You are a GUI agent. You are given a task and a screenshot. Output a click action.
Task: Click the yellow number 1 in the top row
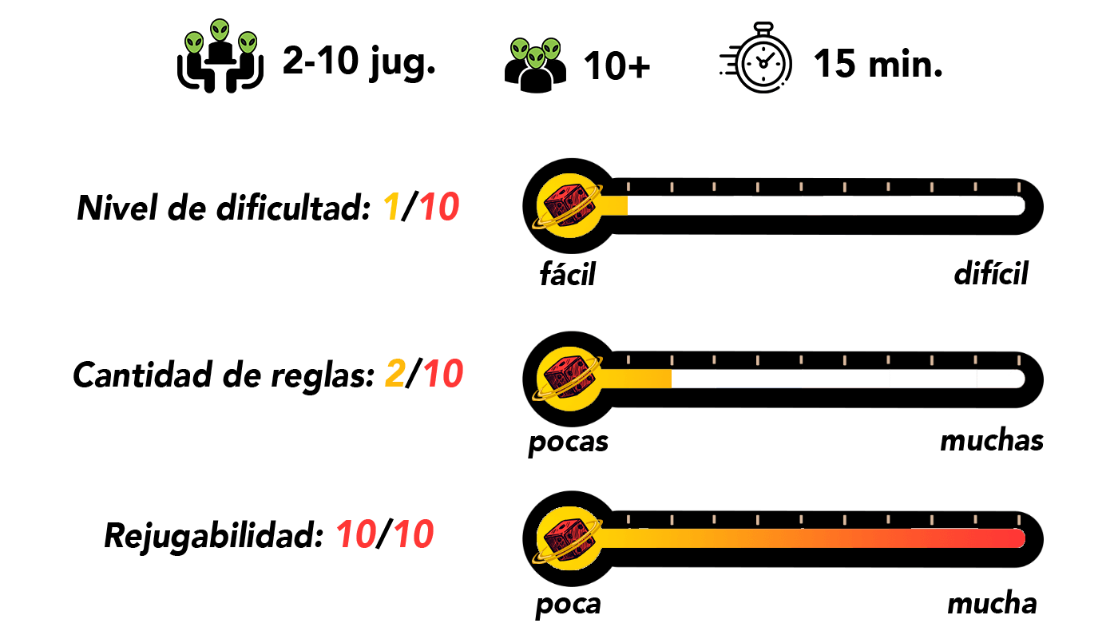coord(391,208)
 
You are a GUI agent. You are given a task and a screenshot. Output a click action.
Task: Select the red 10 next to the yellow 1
coord(439,208)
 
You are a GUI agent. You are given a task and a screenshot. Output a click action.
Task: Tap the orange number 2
coord(395,374)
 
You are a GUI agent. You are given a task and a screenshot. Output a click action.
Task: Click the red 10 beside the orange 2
coord(443,374)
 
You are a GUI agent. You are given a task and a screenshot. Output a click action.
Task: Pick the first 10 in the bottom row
coord(356,534)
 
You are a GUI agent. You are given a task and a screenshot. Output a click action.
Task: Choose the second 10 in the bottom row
coord(414,534)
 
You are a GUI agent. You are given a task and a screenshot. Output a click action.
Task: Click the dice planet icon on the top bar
coord(569,205)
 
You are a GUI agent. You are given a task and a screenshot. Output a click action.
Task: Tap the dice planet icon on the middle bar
coord(569,379)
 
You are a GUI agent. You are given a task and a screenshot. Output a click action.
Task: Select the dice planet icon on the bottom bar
coord(569,538)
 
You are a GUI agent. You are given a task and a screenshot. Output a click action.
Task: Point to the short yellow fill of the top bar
coord(615,205)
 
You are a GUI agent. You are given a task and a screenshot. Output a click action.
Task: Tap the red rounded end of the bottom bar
coord(1016,538)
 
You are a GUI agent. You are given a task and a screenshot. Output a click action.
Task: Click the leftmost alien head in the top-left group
coord(194,42)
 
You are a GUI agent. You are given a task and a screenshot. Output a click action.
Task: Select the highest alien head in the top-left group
coord(220,30)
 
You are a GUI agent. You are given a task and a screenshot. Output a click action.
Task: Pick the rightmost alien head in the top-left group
coord(248,42)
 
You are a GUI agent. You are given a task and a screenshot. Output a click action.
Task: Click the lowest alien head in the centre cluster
coord(536,58)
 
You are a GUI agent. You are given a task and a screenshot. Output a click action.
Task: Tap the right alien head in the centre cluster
coord(551,49)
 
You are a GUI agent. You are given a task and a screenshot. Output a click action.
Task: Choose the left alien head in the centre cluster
coord(520,49)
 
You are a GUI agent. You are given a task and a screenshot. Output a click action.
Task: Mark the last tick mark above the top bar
coord(1018,187)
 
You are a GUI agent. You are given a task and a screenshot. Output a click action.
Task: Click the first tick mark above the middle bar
coord(628,360)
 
